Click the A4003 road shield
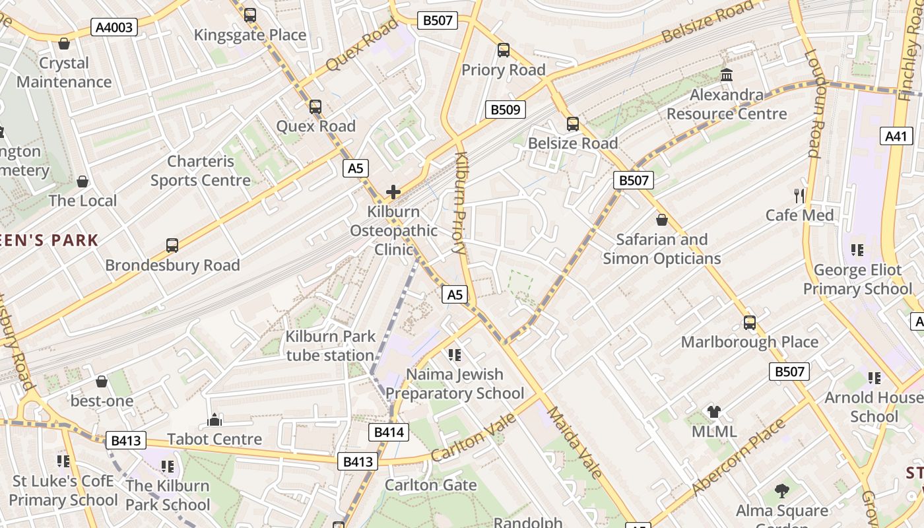tap(114, 27)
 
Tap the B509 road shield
tap(505, 110)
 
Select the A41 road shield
tap(896, 137)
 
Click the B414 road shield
tap(388, 432)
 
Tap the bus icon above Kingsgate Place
tap(250, 15)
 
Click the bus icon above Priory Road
tap(504, 49)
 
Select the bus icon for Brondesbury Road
tap(172, 245)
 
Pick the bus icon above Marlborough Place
tap(750, 322)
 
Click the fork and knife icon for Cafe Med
tap(799, 195)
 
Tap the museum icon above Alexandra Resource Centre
tap(727, 75)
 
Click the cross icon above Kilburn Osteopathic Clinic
tap(393, 192)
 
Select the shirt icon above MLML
tap(713, 412)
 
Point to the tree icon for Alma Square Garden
tap(782, 490)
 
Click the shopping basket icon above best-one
tap(102, 381)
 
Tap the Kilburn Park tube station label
tap(330, 346)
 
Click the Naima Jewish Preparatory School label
tap(455, 384)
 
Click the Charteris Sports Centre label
tap(201, 171)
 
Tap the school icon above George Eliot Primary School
tap(857, 249)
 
